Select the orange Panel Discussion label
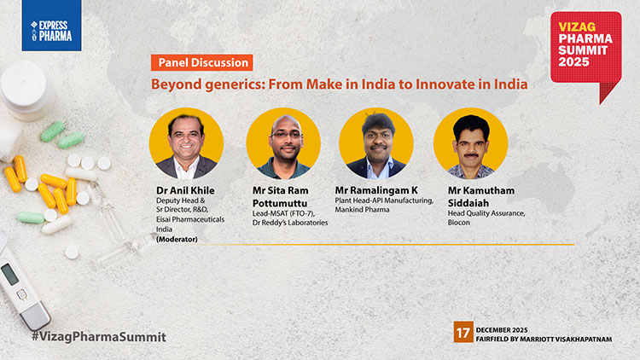tap(202, 62)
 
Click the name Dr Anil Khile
tap(184, 190)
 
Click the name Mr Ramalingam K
tap(381, 190)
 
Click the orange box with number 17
tap(463, 333)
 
